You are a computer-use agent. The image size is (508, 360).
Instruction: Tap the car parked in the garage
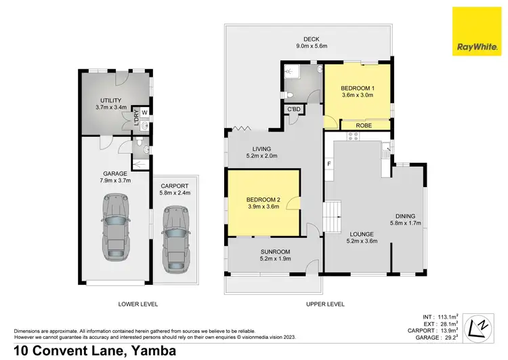(115, 228)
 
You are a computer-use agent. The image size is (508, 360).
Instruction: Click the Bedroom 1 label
(356, 89)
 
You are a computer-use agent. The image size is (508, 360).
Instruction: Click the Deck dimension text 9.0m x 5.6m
(312, 46)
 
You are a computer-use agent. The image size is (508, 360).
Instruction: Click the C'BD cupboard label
(295, 109)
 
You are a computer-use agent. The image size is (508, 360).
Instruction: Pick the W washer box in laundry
(144, 112)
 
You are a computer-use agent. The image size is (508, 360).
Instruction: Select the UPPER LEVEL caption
(325, 304)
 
